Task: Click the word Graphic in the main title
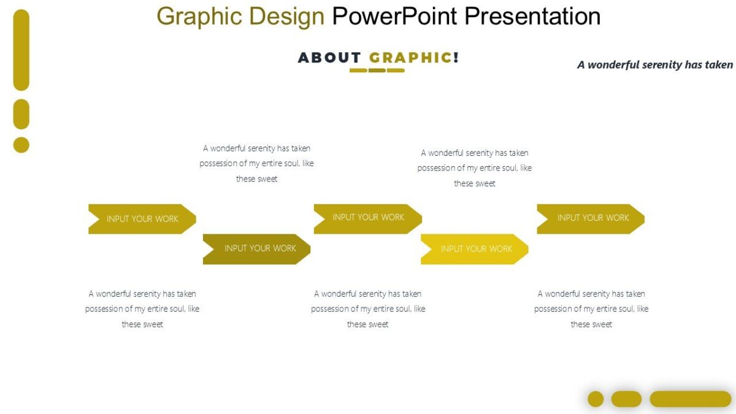click(198, 17)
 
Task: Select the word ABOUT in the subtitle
click(329, 58)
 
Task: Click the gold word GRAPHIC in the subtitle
click(410, 58)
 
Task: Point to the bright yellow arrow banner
click(474, 249)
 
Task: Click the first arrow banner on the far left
click(142, 219)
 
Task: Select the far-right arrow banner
click(591, 218)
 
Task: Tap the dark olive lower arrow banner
click(256, 249)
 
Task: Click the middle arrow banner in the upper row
click(367, 218)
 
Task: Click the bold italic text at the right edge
click(654, 65)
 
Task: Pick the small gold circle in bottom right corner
click(596, 399)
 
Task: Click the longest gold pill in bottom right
click(690, 399)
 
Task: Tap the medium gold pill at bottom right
click(626, 399)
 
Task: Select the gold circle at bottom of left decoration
click(21, 145)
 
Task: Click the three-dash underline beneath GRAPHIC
click(377, 71)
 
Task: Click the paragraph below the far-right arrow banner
click(591, 309)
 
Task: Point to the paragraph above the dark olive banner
click(256, 164)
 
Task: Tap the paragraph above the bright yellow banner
click(474, 168)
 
